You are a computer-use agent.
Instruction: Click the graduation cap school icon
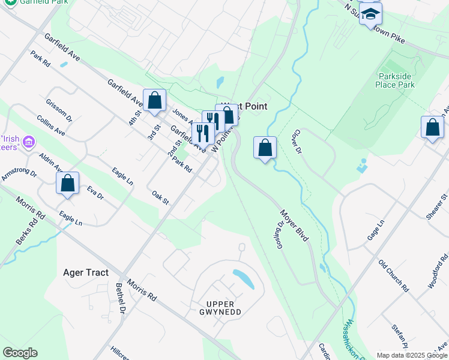tap(371, 14)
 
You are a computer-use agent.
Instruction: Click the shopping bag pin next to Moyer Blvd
tap(265, 147)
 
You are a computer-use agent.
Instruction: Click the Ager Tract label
tap(86, 272)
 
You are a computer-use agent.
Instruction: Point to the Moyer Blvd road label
tap(294, 225)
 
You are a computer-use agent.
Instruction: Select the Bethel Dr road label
tap(121, 298)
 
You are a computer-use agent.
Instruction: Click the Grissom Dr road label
tap(59, 110)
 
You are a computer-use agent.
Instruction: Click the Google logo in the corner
tap(20, 353)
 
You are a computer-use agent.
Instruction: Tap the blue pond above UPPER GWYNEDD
tap(243, 278)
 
